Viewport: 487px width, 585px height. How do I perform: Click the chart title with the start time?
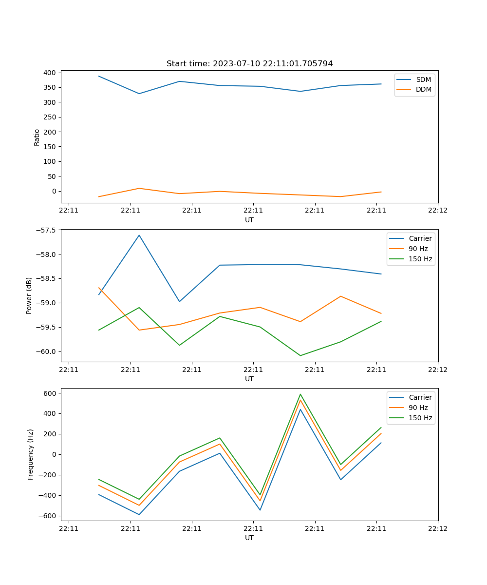249,64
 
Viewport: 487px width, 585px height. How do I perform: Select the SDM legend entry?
423,79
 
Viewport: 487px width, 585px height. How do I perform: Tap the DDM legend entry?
423,90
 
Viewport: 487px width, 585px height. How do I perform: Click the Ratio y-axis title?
37,137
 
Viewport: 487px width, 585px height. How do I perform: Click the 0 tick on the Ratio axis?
55,191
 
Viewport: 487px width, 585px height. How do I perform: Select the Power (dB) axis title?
29,295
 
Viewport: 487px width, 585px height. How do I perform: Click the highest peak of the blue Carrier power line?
139,235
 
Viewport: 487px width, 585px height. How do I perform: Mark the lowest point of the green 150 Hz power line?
300,355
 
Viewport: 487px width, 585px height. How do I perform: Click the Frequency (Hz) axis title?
31,454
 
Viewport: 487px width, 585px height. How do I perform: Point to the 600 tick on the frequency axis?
51,393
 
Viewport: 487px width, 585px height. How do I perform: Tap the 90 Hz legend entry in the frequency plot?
418,408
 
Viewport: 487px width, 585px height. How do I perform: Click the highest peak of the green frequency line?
300,394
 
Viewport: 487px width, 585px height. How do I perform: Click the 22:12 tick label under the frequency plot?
437,528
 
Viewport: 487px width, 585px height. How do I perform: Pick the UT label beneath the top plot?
249,220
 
